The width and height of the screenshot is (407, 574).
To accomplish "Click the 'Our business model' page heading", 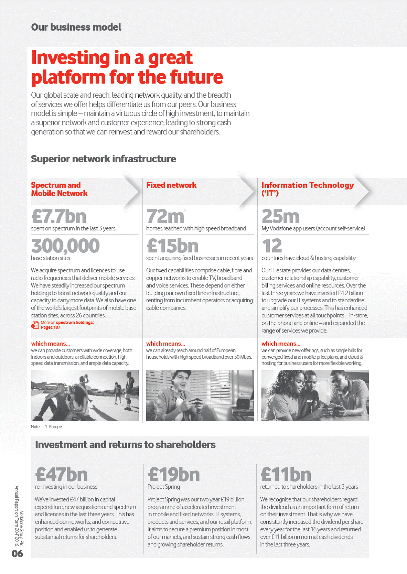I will tap(76, 27).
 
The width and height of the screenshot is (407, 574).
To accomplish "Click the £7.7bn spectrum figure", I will tap(59, 216).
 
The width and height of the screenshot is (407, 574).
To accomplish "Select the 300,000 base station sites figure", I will tap(65, 246).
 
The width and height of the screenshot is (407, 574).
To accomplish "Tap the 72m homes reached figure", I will tap(165, 216).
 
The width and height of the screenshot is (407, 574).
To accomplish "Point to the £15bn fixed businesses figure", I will tap(172, 246).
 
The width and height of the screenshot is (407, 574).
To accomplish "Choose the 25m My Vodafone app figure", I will tap(280, 216).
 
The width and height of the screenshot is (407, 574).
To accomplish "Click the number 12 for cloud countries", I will tap(272, 246).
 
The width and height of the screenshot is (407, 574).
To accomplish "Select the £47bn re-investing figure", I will tap(62, 475).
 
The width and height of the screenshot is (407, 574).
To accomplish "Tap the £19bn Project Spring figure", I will tap(174, 475).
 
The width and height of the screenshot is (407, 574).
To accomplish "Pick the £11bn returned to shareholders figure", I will tap(286, 475).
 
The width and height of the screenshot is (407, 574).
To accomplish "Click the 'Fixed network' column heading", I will tap(171, 185).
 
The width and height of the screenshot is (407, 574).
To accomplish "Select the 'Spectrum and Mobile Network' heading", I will tap(59, 189).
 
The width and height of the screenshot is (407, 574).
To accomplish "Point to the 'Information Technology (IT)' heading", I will tap(307, 189).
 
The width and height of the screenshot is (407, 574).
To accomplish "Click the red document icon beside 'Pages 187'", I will tap(35, 325).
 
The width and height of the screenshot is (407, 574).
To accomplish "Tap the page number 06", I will tap(17, 553).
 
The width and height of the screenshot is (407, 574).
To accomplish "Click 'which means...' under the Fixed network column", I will tap(165, 344).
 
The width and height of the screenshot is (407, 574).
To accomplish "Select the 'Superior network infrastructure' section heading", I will tap(103, 159).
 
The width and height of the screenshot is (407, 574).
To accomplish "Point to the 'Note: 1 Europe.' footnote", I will tap(47, 427).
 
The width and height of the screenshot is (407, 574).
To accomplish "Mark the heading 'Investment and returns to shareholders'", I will tap(125, 445).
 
